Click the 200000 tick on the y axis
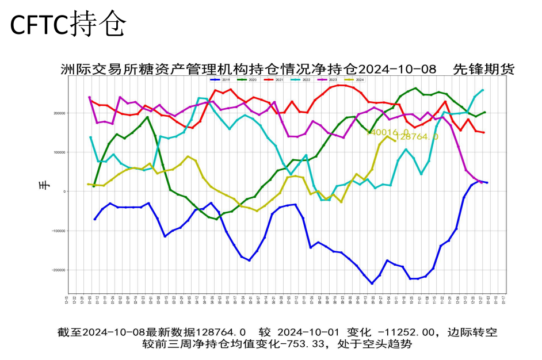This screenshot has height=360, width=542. (60, 113)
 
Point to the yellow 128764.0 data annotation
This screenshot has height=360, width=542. (418, 137)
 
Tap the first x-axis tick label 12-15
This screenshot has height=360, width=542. (68, 300)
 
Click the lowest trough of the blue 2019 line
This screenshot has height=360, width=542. (372, 284)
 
